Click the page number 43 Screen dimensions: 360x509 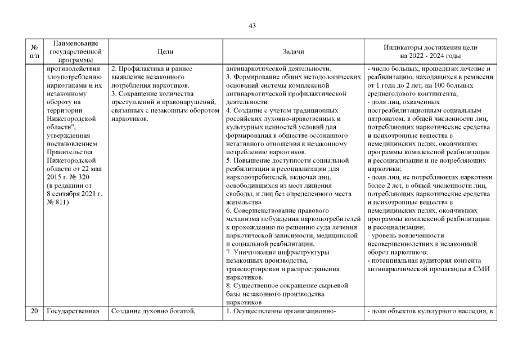click(252, 26)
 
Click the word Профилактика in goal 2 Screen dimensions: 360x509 click(141, 69)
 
